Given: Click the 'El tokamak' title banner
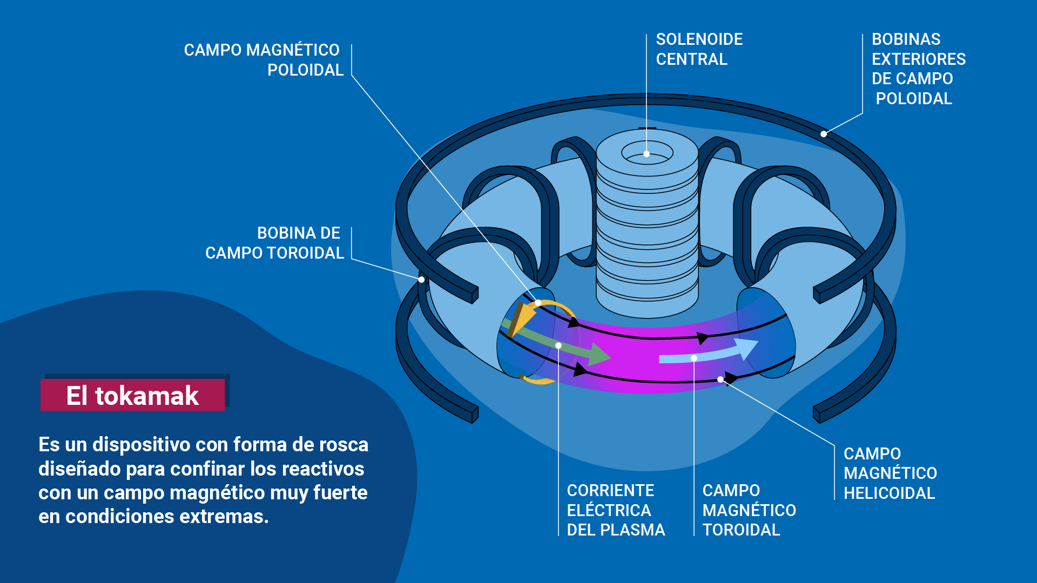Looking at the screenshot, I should pyautogui.click(x=132, y=395).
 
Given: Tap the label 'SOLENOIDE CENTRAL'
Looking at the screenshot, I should pyautogui.click(x=699, y=49).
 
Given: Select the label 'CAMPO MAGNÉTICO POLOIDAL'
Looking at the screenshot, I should pyautogui.click(x=263, y=60).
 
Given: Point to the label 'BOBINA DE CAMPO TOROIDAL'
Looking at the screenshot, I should pyautogui.click(x=274, y=243).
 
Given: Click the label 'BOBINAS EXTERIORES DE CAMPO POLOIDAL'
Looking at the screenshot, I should pyautogui.click(x=918, y=69).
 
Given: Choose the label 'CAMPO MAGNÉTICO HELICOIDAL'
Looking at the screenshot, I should pyautogui.click(x=890, y=473).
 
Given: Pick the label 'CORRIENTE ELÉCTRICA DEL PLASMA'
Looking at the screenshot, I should pyautogui.click(x=615, y=510).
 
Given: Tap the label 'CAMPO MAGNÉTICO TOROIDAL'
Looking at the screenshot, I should pyautogui.click(x=749, y=510).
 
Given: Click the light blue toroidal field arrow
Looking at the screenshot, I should pyautogui.click(x=708, y=354).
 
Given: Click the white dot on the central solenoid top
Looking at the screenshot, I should pyautogui.click(x=647, y=154).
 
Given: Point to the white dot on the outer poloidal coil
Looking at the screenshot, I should pyautogui.click(x=823, y=134).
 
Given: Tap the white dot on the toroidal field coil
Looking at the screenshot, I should pyautogui.click(x=421, y=279).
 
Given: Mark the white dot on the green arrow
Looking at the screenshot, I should pyautogui.click(x=558, y=345).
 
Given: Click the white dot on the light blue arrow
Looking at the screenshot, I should pyautogui.click(x=694, y=358).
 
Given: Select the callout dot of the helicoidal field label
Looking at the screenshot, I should pyautogui.click(x=720, y=379).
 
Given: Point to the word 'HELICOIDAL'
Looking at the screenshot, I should pyautogui.click(x=889, y=493).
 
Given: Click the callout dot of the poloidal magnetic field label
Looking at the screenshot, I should pyautogui.click(x=538, y=303).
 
